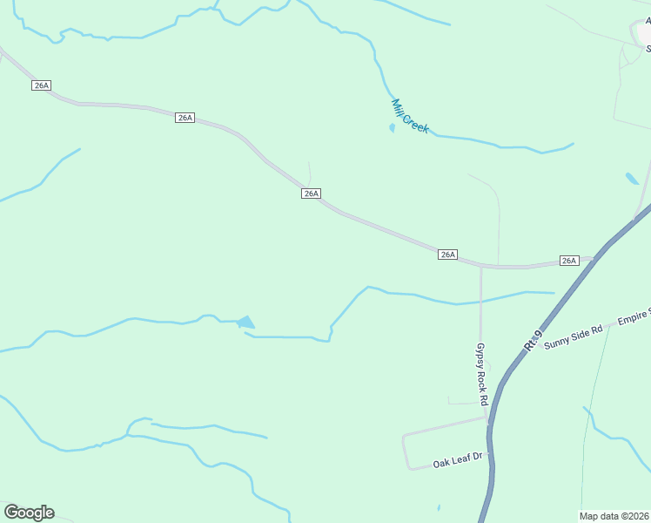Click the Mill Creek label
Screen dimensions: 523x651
coord(409,116)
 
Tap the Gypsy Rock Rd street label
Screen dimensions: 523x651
coord(480,373)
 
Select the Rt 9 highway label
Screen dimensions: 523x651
coord(534,340)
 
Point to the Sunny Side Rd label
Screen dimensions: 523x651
coord(573,336)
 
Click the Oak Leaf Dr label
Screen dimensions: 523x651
coord(458,458)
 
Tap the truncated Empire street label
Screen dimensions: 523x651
coord(634,321)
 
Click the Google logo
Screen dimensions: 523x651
coord(29,513)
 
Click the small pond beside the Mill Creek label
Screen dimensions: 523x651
coord(392,128)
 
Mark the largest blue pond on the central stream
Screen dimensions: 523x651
coord(246,323)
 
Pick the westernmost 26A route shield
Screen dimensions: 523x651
coord(41,85)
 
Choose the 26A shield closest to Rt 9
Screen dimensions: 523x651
coord(568,261)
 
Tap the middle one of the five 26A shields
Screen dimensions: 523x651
coord(312,194)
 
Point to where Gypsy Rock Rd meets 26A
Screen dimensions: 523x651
coord(480,265)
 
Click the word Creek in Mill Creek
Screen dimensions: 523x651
coord(416,123)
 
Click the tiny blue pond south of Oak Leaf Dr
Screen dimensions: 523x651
coord(439,507)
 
